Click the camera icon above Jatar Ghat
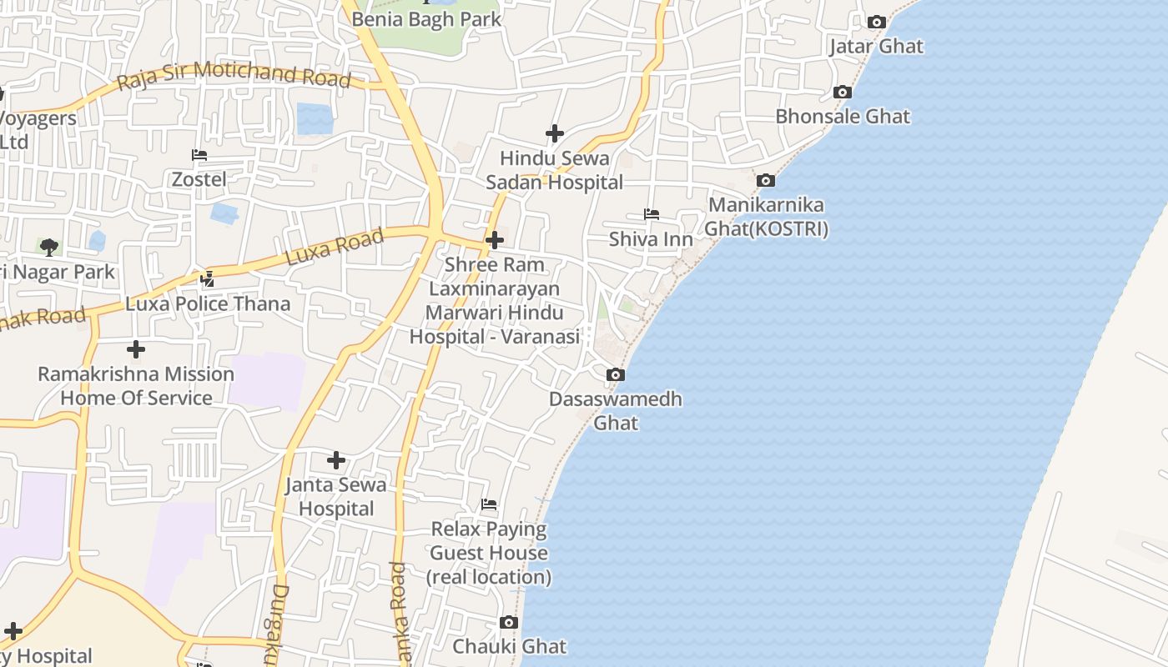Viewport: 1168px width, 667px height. click(x=876, y=22)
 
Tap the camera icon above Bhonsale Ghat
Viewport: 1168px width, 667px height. click(x=843, y=92)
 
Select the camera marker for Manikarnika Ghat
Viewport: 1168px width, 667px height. click(x=765, y=180)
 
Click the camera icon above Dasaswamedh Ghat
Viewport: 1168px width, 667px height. click(x=615, y=374)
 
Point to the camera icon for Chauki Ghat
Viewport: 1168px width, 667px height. click(x=508, y=622)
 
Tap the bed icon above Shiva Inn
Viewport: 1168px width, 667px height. click(x=651, y=215)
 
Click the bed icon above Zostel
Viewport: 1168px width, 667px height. click(x=199, y=155)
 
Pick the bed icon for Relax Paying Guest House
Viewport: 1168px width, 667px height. click(x=489, y=504)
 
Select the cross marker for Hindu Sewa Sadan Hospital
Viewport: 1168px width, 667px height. click(x=554, y=133)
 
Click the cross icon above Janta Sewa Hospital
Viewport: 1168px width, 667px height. click(x=336, y=460)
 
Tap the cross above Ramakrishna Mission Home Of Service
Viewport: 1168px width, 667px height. click(x=136, y=349)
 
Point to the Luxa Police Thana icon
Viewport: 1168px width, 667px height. click(x=207, y=278)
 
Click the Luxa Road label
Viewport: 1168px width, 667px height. click(x=335, y=247)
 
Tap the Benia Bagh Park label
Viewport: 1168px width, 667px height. click(x=426, y=18)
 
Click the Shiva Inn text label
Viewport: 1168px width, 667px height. click(x=651, y=239)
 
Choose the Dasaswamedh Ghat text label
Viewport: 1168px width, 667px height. click(x=616, y=410)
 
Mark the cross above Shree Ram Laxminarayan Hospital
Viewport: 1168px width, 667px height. click(x=494, y=240)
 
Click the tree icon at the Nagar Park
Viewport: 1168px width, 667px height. click(x=49, y=247)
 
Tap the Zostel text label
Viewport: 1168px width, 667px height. click(x=199, y=178)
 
